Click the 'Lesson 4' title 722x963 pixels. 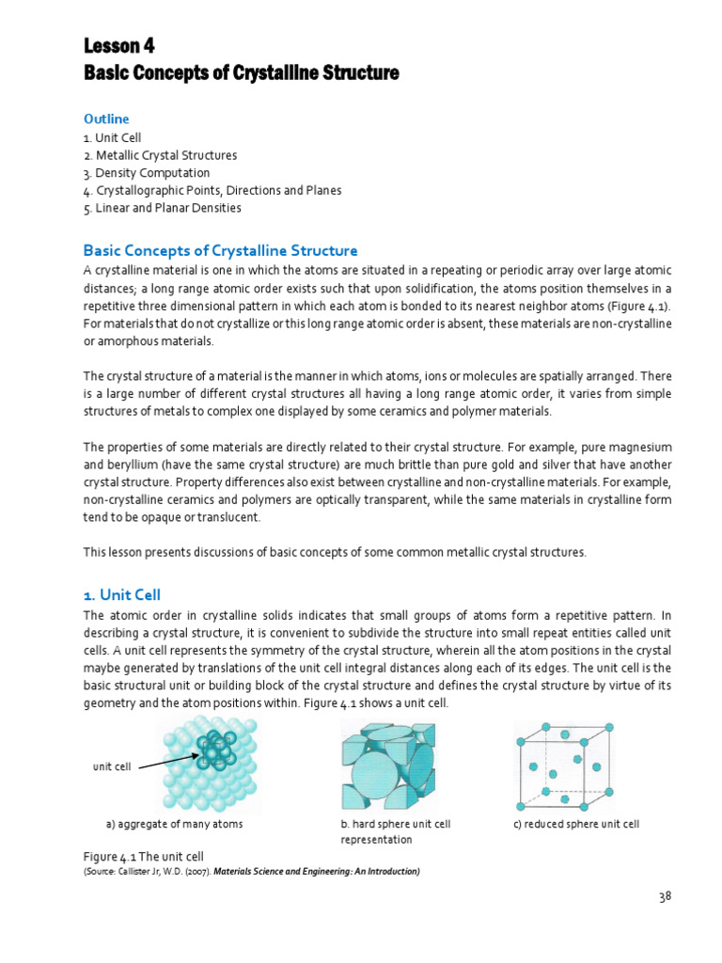point(119,46)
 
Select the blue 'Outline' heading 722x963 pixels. point(106,119)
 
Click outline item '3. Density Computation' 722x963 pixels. point(147,173)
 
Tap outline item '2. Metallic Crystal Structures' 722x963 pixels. point(160,155)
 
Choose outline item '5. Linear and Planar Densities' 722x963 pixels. point(162,208)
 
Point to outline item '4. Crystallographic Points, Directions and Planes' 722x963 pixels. point(212,191)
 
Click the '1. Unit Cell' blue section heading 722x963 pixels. point(122,594)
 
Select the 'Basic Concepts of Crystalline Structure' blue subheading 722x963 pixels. point(221,251)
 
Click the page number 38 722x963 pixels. point(665,896)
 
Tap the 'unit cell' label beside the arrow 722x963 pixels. point(111,766)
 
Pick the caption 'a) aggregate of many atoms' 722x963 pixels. point(174,824)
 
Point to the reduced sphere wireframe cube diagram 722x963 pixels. point(566,766)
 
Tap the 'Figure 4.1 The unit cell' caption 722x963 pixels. point(144,857)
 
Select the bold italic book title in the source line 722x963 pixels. point(317,871)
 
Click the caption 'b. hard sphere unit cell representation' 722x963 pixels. point(395,831)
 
